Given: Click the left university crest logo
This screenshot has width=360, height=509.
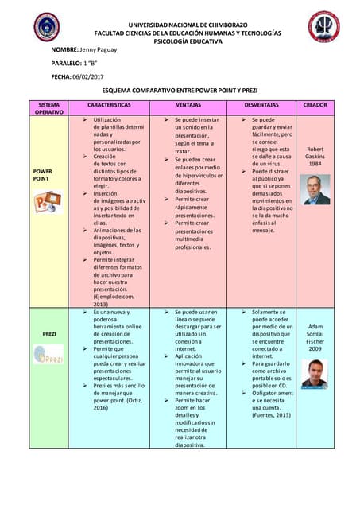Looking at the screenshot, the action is [x=46, y=26].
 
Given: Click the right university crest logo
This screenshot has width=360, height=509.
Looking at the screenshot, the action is [x=323, y=26].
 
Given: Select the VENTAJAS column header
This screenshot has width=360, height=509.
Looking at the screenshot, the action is [x=188, y=105].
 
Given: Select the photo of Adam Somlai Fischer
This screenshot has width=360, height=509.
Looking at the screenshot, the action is [x=315, y=374].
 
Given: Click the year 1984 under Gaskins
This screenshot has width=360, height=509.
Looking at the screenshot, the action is [x=315, y=165].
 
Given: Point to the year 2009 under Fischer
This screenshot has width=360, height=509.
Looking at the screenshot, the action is [x=315, y=348].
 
